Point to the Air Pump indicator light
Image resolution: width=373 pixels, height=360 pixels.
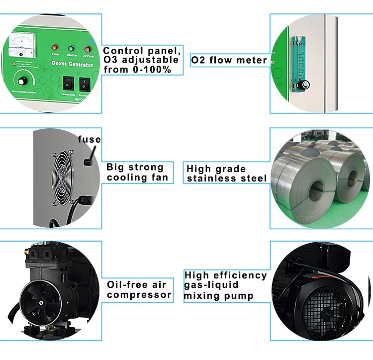pos(89,49)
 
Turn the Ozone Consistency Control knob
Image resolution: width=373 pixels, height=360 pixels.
pos(21,81)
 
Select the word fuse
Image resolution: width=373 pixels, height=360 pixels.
pos(89,139)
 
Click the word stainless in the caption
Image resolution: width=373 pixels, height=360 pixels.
pos(210,179)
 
